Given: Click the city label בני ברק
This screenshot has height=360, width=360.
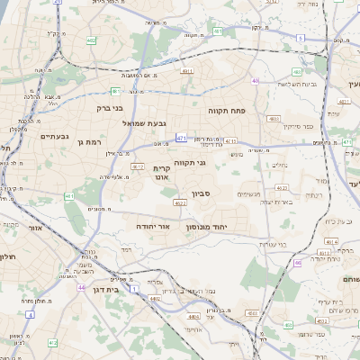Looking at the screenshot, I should click(109, 108).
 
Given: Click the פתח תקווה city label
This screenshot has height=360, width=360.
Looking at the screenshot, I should click(227, 111).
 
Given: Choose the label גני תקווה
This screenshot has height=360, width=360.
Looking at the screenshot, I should click(190, 163).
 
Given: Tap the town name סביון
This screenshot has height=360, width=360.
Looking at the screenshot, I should click(202, 193).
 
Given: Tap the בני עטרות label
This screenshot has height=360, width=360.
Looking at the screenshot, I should click(270, 244).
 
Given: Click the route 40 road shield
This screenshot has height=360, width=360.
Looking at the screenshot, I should click(256, 81).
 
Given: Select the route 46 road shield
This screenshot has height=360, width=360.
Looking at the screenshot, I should click(298, 263).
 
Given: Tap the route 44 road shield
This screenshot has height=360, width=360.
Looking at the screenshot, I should click(81, 287).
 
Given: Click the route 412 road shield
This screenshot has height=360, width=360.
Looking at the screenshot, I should click(53, 342).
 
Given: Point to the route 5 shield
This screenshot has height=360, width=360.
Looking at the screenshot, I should click(299, 37).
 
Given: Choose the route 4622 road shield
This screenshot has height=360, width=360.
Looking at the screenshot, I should click(181, 204).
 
